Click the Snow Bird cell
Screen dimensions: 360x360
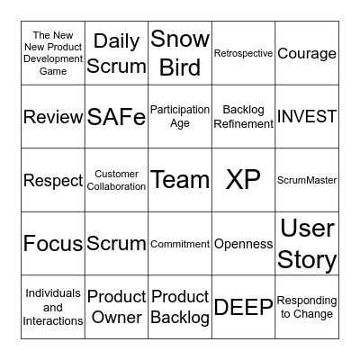(180, 53)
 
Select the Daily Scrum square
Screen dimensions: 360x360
(117, 53)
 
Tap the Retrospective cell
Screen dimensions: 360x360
(243, 53)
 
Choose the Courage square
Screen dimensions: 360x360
(307, 53)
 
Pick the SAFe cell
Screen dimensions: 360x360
(117, 117)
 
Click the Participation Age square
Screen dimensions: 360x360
(180, 117)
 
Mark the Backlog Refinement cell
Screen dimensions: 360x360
(243, 117)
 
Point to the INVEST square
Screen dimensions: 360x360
(307, 117)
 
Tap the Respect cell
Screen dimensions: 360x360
(53, 180)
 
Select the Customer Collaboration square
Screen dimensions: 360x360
(117, 180)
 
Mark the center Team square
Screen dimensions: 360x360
(180, 180)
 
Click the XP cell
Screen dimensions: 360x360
(243, 180)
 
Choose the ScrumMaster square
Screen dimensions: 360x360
(307, 180)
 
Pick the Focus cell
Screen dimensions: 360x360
(53, 244)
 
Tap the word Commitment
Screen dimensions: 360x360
(180, 244)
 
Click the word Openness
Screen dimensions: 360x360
(243, 244)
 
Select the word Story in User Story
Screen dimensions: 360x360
(307, 260)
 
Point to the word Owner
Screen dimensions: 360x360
(117, 317)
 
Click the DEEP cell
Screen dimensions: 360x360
(243, 308)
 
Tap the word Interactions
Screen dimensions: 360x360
(53, 320)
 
